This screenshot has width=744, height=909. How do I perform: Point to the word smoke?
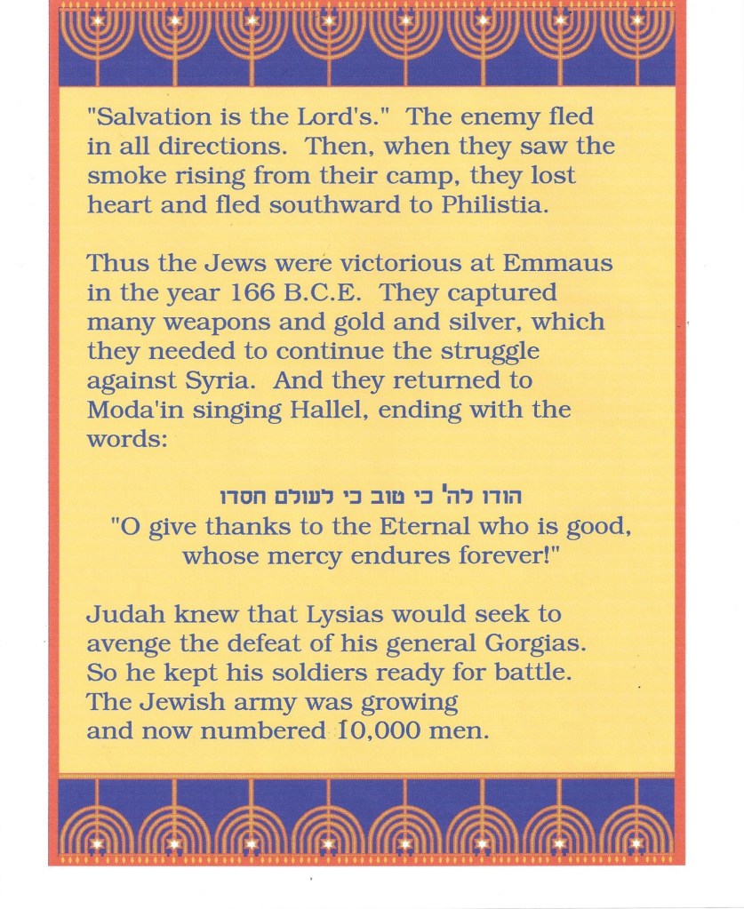point(121,176)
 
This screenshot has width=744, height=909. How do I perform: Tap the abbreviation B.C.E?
point(342,293)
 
